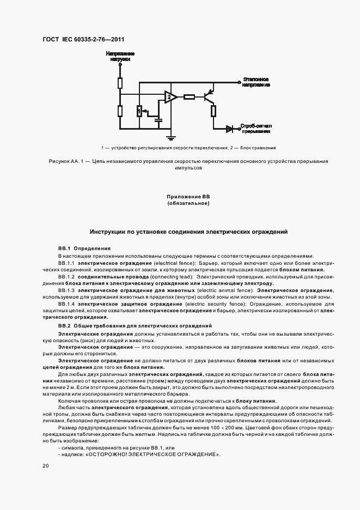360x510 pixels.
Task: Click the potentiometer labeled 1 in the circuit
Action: pos(139,112)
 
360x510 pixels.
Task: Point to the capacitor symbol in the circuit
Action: pos(158,118)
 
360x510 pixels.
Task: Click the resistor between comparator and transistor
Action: pos(189,98)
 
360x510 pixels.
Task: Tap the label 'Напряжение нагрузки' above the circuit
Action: pos(120,56)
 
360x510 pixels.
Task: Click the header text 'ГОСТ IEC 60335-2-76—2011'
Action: pos(83,40)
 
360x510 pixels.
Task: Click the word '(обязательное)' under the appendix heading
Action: pos(188,203)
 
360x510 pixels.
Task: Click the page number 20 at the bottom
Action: pos(45,466)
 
